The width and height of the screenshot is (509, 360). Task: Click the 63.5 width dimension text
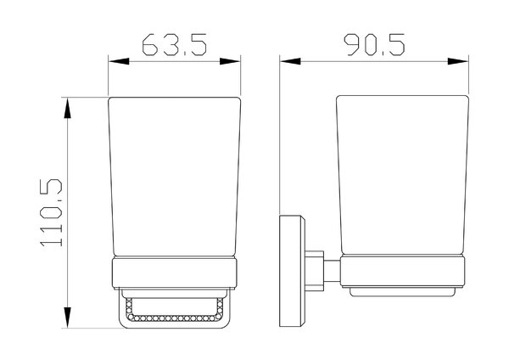tap(174, 44)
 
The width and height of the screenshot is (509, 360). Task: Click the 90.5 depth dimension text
tap(374, 44)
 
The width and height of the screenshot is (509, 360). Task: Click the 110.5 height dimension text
tap(51, 213)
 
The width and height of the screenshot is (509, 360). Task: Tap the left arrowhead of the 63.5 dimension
tap(119, 61)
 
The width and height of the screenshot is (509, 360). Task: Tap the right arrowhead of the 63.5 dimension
tap(230, 61)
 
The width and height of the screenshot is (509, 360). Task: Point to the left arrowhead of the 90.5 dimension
tap(290, 61)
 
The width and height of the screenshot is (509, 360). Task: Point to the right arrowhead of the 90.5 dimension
tap(458, 61)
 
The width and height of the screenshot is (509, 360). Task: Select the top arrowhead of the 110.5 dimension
tap(67, 108)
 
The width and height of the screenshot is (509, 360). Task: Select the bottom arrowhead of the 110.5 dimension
tap(67, 317)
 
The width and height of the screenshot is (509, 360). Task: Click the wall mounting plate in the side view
tap(292, 271)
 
